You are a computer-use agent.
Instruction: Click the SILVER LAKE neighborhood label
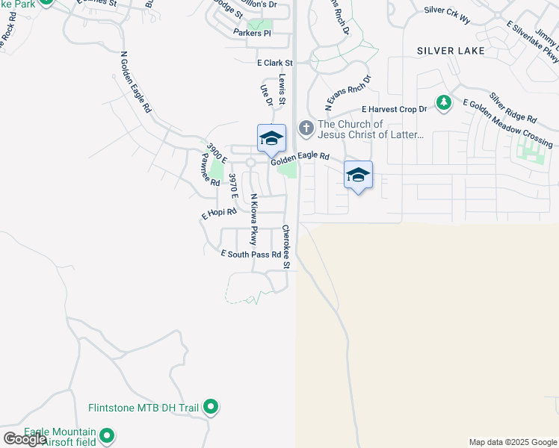tap(451, 51)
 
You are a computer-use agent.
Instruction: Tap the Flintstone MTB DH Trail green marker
tap(211, 407)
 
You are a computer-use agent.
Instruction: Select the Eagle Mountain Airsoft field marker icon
tap(108, 435)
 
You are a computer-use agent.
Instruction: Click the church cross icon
tap(306, 128)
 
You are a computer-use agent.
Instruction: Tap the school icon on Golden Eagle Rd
tap(271, 138)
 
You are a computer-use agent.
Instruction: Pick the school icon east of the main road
tap(358, 175)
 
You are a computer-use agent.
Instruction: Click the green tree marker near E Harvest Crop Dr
tap(444, 102)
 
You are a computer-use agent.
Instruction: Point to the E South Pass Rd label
tap(251, 255)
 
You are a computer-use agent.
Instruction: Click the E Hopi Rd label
tap(219, 214)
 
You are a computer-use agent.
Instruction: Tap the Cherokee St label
tap(285, 242)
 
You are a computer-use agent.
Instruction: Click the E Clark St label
tap(274, 63)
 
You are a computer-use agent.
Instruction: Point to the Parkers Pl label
tap(252, 33)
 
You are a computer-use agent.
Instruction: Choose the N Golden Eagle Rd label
tap(135, 82)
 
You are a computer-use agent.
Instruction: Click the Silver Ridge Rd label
tap(513, 108)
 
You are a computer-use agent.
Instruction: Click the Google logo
tap(25, 439)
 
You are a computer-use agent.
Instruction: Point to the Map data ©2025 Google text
tap(512, 442)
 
